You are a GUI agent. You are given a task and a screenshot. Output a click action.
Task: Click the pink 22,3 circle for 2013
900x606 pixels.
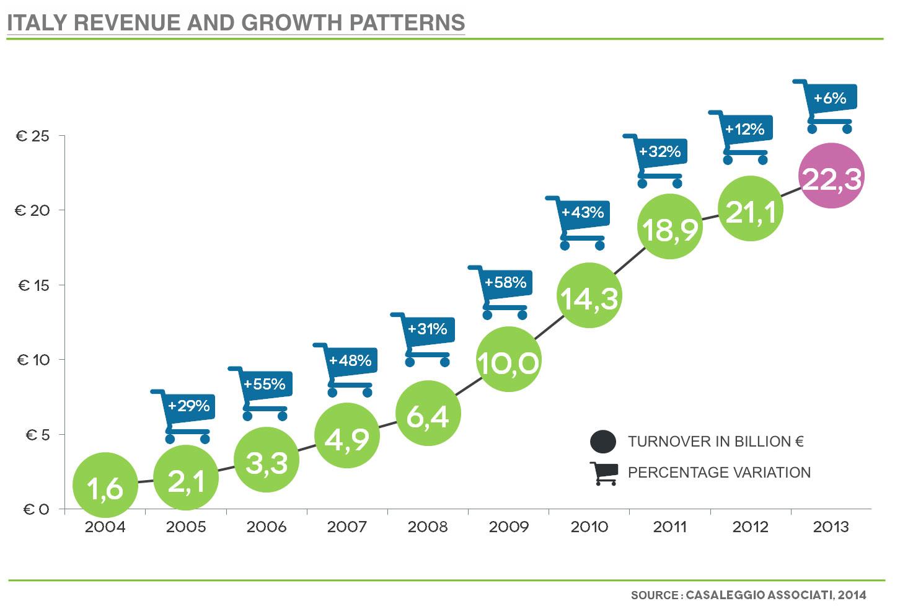coord(831,176)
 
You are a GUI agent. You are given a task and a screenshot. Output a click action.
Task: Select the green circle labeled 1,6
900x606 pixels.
coord(105,485)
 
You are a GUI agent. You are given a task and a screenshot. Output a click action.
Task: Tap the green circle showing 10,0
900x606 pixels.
coord(508,359)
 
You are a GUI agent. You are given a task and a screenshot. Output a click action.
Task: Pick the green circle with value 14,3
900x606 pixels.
coord(589,296)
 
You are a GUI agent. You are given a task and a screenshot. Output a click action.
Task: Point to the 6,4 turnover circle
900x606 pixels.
coord(428,414)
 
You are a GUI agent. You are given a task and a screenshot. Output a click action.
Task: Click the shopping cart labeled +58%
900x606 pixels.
coord(502,291)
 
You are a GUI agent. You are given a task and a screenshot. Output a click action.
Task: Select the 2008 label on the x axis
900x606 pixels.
coord(428,527)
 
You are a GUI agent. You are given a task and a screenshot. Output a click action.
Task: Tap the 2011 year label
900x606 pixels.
coord(670,527)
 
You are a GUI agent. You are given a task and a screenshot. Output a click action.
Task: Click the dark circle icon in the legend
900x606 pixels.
coord(603,442)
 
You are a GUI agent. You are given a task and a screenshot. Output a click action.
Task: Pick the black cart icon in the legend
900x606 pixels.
coord(604,473)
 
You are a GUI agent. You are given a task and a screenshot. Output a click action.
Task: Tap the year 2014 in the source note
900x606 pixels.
coord(852,595)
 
